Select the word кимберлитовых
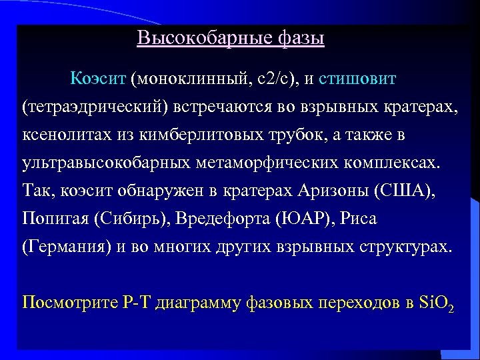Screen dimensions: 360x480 coord(199,135)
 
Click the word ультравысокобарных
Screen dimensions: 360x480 coord(91,163)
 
